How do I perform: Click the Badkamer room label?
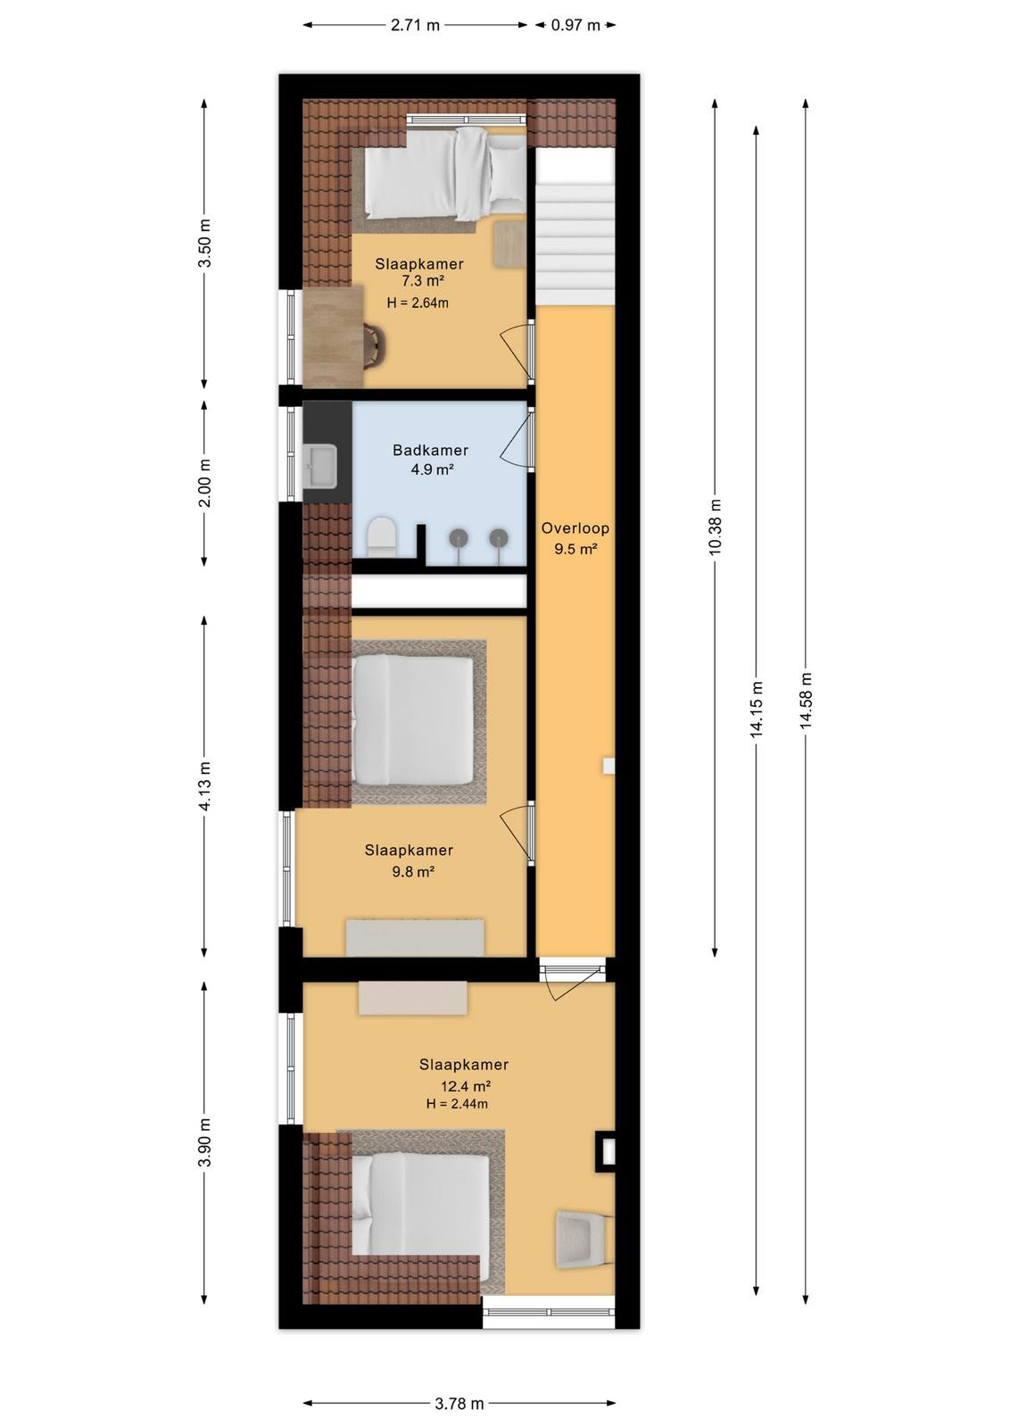[430, 450]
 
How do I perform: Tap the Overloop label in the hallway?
[575, 527]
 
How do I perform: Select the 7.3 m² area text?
[418, 280]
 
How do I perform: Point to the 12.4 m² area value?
[466, 1085]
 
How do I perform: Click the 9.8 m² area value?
[413, 871]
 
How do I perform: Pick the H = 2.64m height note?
[418, 303]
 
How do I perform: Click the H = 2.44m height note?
[458, 1103]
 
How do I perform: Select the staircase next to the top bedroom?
[575, 227]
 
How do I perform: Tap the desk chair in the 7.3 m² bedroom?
[375, 346]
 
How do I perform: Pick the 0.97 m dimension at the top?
[575, 26]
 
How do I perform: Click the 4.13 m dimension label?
[204, 786]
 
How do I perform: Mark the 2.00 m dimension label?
[204, 483]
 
